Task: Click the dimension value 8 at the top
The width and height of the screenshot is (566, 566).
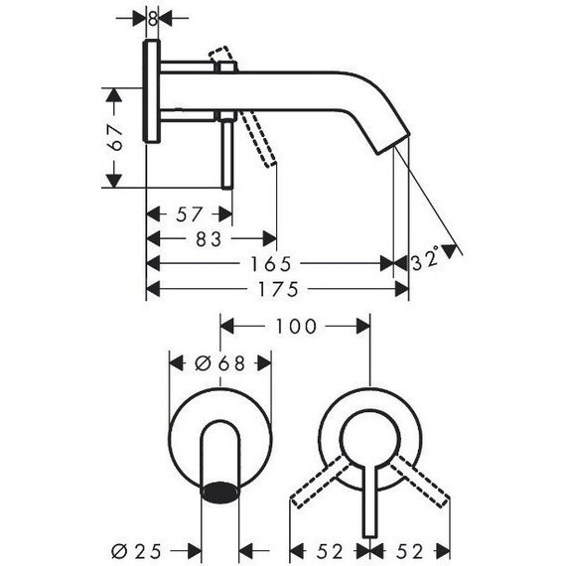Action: tap(153, 18)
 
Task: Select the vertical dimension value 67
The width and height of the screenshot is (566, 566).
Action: tap(115, 137)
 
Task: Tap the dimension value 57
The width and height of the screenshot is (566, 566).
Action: tap(190, 214)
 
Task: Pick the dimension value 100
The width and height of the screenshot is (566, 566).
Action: tap(296, 326)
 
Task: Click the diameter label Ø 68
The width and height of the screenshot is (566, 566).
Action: tap(219, 364)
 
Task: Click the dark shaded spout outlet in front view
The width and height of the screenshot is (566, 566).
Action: tap(220, 491)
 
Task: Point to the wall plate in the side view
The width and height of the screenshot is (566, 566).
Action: tap(153, 93)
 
